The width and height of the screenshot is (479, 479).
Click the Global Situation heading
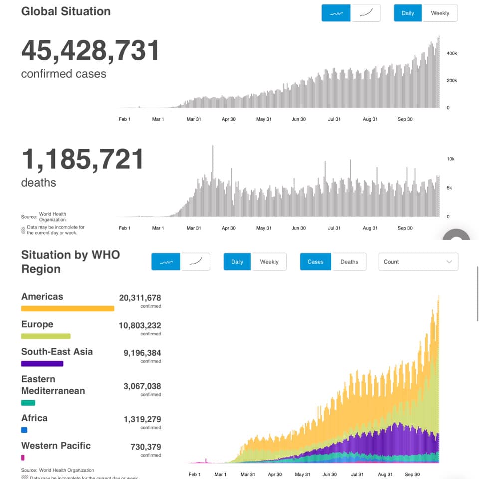click(66, 11)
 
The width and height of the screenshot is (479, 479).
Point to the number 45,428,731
click(90, 50)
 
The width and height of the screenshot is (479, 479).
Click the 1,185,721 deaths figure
click(83, 159)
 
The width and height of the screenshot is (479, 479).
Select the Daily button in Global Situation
click(408, 13)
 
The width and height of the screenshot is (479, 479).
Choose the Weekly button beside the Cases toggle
click(269, 262)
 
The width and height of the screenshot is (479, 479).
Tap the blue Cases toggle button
click(315, 262)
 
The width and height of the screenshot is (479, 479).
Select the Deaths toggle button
click(349, 262)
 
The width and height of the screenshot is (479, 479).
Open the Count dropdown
click(418, 262)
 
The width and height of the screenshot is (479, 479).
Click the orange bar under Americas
click(68, 308)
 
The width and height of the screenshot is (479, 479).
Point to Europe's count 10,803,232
click(140, 326)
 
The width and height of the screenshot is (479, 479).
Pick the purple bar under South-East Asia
click(42, 364)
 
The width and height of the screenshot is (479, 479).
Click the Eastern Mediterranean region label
click(53, 385)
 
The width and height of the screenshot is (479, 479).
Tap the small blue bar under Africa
click(24, 430)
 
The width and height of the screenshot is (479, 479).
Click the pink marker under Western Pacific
click(23, 457)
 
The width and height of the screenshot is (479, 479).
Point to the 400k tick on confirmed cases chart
click(452, 53)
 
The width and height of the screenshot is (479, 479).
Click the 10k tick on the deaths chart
click(451, 159)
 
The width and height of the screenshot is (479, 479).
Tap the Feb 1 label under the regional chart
click(194, 474)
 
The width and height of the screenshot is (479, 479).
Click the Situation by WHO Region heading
click(70, 262)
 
